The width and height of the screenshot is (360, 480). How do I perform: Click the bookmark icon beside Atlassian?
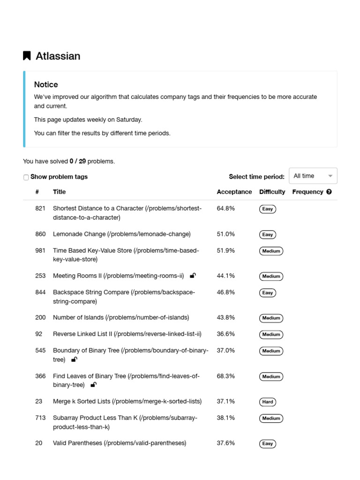pyautogui.click(x=27, y=56)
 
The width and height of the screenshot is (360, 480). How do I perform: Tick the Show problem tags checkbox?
pyautogui.click(x=26, y=177)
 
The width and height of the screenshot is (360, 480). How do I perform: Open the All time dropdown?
pyautogui.click(x=313, y=176)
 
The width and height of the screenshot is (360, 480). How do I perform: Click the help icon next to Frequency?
pyautogui.click(x=329, y=192)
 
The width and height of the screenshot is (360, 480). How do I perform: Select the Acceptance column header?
pyautogui.click(x=234, y=192)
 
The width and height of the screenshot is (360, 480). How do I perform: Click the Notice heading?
pyautogui.click(x=46, y=84)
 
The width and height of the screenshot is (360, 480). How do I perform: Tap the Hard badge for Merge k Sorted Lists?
pyautogui.click(x=268, y=402)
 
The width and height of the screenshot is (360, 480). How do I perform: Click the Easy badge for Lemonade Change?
pyautogui.click(x=268, y=234)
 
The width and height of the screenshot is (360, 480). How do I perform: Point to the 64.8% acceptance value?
pyautogui.click(x=225, y=208)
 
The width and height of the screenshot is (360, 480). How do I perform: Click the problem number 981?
pyautogui.click(x=40, y=250)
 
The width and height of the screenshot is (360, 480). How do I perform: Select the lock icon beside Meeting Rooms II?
pyautogui.click(x=193, y=276)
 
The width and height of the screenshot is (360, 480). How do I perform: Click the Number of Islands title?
pyautogui.click(x=121, y=317)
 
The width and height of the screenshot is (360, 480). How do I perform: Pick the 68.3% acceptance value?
pyautogui.click(x=225, y=376)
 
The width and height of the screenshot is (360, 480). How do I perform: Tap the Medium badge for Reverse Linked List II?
pyautogui.click(x=271, y=334)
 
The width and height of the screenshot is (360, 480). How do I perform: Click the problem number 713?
pyautogui.click(x=40, y=418)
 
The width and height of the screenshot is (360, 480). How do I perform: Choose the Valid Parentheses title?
pyautogui.click(x=120, y=443)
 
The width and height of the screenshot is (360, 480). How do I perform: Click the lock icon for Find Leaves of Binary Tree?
pyautogui.click(x=93, y=385)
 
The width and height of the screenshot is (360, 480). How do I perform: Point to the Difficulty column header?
pyautogui.click(x=272, y=192)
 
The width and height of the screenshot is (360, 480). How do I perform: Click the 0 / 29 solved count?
pyautogui.click(x=77, y=161)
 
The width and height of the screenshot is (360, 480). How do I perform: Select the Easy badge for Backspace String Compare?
pyautogui.click(x=268, y=292)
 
